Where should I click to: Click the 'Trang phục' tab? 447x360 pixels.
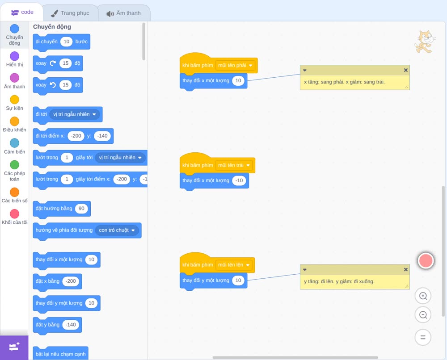[70, 13]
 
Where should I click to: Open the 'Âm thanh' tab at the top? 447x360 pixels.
[124, 13]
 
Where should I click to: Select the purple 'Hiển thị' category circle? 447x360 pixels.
[15, 56]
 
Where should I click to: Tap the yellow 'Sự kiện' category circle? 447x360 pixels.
[15, 100]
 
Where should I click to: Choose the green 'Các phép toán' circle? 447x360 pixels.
[15, 165]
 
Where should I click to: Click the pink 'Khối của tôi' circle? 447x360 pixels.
[15, 213]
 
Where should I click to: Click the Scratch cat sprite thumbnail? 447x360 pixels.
[425, 42]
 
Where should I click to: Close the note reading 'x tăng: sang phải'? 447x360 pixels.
[406, 70]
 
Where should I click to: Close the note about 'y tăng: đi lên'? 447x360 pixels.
[406, 269]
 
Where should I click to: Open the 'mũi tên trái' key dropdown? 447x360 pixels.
[234, 165]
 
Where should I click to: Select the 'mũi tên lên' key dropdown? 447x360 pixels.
[234, 265]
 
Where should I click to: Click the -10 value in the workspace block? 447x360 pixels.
[239, 180]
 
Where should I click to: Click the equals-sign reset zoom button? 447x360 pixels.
[423, 338]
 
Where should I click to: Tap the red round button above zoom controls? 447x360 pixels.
[426, 260]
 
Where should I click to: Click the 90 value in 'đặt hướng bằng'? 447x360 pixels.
[81, 209]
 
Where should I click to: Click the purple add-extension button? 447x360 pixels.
[14, 347]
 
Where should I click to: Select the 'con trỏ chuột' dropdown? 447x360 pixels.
[117, 230]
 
